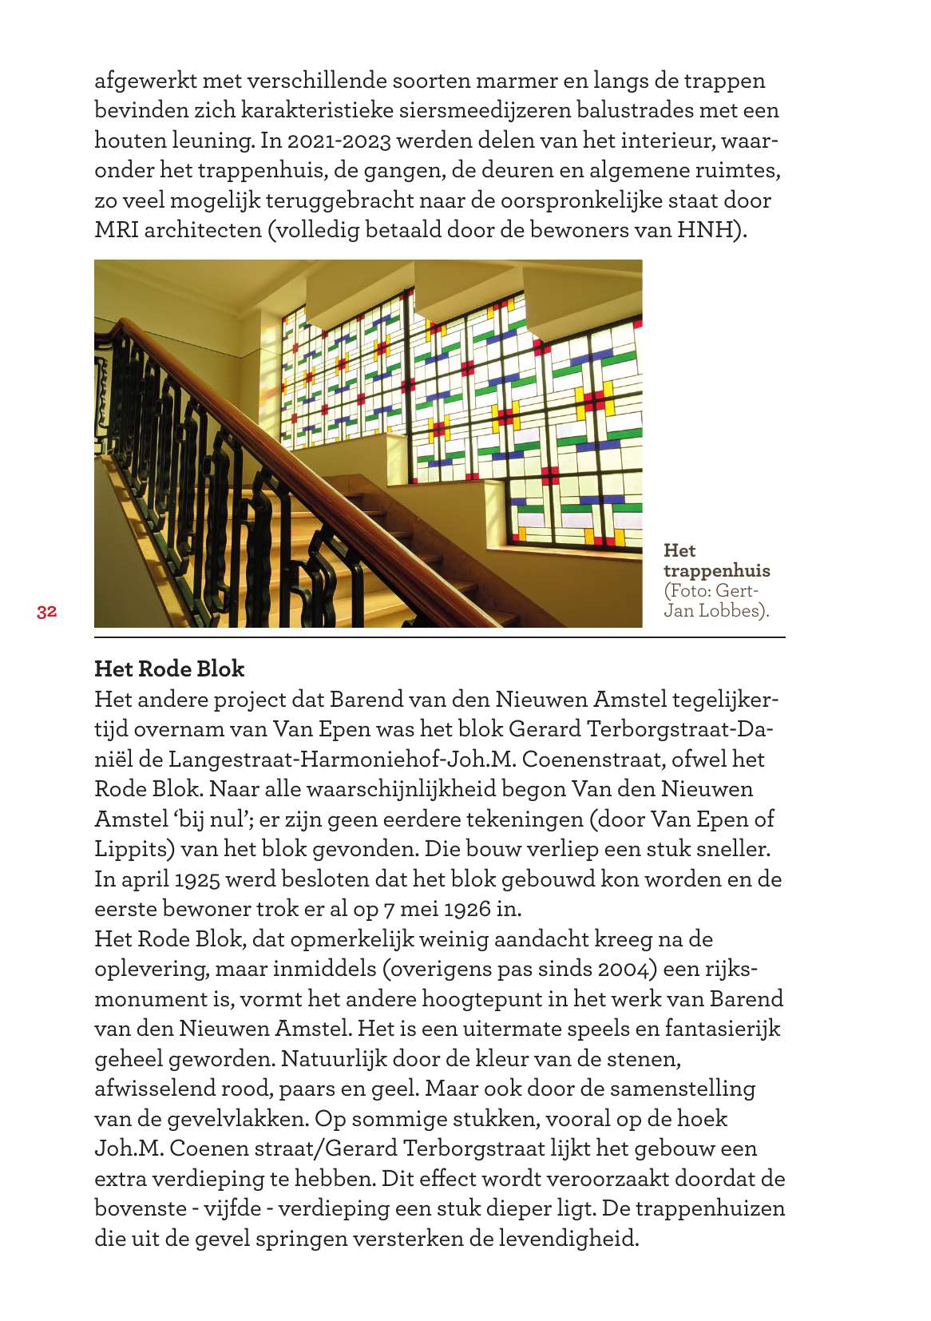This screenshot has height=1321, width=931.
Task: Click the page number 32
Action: pyautogui.click(x=46, y=613)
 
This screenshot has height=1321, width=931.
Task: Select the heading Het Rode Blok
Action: pyautogui.click(x=169, y=668)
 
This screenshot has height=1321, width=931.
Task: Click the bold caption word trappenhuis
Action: pyautogui.click(x=716, y=570)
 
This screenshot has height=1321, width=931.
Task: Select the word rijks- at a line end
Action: pyautogui.click(x=730, y=969)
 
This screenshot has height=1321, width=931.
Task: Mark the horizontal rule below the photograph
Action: pyautogui.click(x=439, y=637)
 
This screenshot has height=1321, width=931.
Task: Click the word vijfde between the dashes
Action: pyautogui.click(x=232, y=1208)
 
